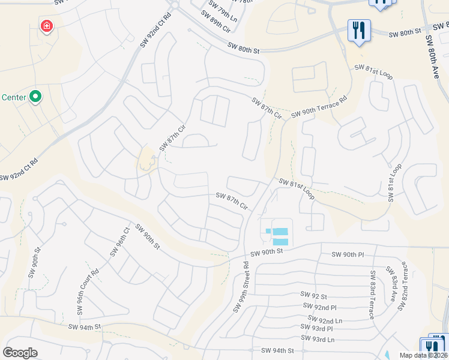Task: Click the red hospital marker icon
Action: pyautogui.click(x=46, y=26)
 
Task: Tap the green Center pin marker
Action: pyautogui.click(x=35, y=96)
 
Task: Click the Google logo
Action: pyautogui.click(x=20, y=353)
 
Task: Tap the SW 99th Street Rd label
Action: pyautogui.click(x=241, y=286)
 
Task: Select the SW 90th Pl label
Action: pyautogui.click(x=348, y=255)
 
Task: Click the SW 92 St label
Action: pyautogui.click(x=313, y=296)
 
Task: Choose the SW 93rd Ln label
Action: pyautogui.click(x=319, y=340)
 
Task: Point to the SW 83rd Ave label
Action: pyautogui.click(x=391, y=288)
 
